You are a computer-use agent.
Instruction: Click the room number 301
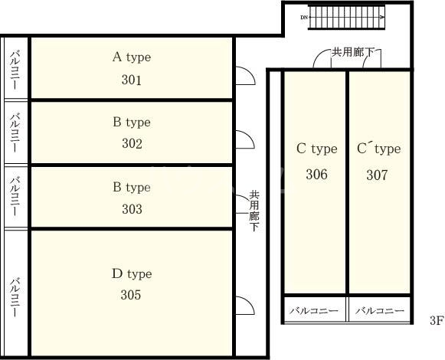coord(132,80)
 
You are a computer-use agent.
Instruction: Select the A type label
coord(132,57)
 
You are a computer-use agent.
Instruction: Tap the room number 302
coord(132,143)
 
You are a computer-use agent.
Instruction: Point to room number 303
coord(132,209)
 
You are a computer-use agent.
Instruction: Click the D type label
coord(132,274)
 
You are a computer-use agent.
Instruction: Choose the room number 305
coord(131,295)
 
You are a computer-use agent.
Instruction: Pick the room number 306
coord(317,174)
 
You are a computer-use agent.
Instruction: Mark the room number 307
coord(377,175)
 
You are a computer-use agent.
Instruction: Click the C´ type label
coord(379,149)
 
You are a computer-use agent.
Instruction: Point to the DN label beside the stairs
coord(304,18)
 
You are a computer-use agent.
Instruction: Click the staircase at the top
coord(346,17)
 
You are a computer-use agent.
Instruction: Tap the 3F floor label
coord(437,320)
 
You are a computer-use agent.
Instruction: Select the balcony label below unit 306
coord(314,311)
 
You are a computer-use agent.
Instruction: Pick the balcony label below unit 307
coord(380,311)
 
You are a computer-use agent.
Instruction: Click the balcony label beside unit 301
coord(15,70)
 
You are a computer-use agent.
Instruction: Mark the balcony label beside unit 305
coord(15,297)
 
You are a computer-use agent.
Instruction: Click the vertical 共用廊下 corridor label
coord(254,211)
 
